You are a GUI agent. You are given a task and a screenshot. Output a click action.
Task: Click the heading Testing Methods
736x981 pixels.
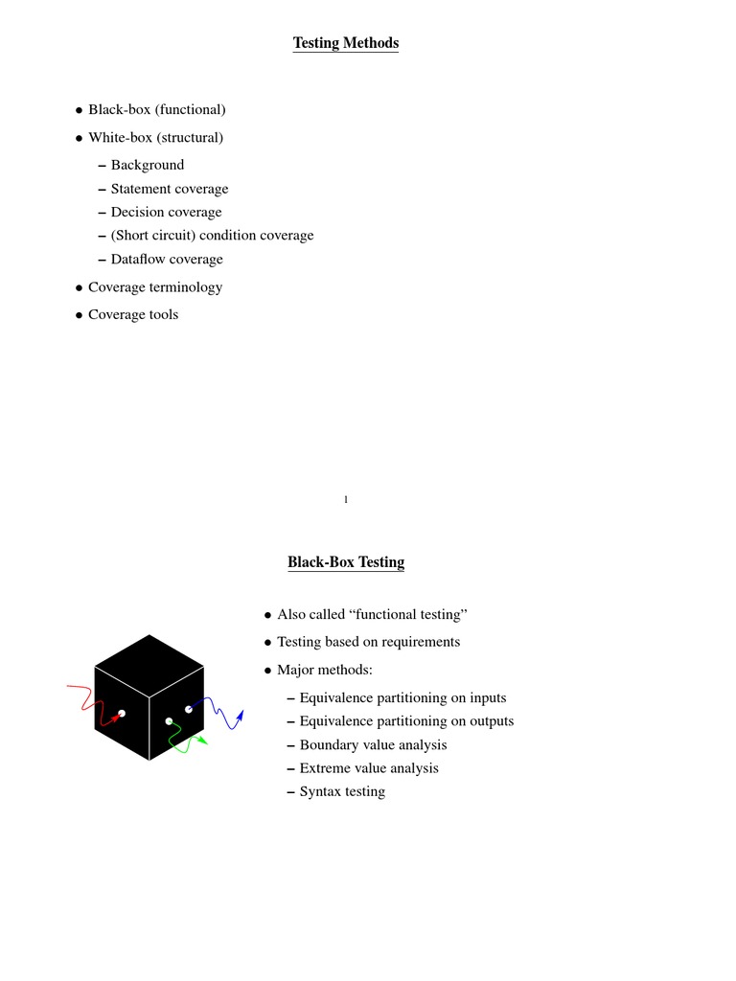pyautogui.click(x=345, y=43)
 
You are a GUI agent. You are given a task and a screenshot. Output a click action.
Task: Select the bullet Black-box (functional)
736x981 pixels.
pyautogui.click(x=156, y=110)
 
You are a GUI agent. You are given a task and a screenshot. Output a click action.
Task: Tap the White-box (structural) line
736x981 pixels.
pyautogui.click(x=155, y=138)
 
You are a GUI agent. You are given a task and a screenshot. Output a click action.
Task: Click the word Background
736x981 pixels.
pyautogui.click(x=148, y=165)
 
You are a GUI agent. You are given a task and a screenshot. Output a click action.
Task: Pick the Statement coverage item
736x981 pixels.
pyautogui.click(x=170, y=189)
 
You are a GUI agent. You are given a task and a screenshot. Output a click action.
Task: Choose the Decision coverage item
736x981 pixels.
pyautogui.click(x=166, y=213)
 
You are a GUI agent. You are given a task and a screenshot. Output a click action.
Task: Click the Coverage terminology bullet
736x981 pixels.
pyautogui.click(x=155, y=287)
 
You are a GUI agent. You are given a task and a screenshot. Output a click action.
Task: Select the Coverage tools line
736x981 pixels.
pyautogui.click(x=133, y=315)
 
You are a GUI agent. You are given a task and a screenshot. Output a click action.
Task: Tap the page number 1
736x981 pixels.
pyautogui.click(x=346, y=499)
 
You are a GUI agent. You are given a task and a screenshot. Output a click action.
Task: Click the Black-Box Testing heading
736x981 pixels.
pyautogui.click(x=346, y=562)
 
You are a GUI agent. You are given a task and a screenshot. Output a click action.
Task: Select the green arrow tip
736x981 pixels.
pyautogui.click(x=202, y=740)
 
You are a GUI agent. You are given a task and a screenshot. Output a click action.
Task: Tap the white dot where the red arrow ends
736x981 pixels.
pyautogui.click(x=122, y=713)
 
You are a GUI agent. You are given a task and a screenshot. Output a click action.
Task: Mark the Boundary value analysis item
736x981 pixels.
pyautogui.click(x=373, y=745)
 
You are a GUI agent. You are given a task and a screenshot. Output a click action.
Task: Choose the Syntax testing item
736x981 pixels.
pyautogui.click(x=342, y=792)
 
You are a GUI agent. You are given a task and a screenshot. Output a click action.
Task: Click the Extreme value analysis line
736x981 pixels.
pyautogui.click(x=369, y=768)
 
